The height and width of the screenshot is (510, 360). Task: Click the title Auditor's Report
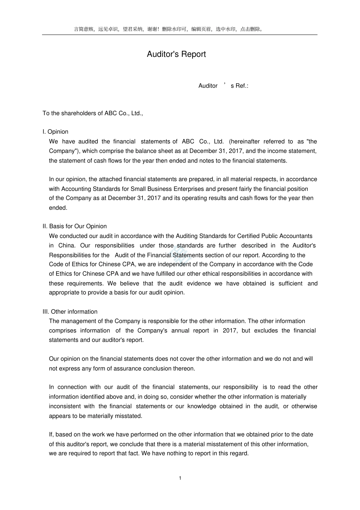(x=176, y=54)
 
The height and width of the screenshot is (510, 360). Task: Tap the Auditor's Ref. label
(x=223, y=86)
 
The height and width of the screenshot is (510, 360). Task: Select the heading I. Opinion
(x=55, y=132)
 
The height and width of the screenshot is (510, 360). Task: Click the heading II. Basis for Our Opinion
(x=75, y=226)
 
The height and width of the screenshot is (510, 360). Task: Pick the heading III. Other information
(x=70, y=311)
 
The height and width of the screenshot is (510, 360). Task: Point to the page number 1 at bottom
(x=180, y=478)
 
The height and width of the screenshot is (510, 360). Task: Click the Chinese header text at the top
(x=169, y=29)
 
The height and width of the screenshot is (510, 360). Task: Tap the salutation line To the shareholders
(x=92, y=113)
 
